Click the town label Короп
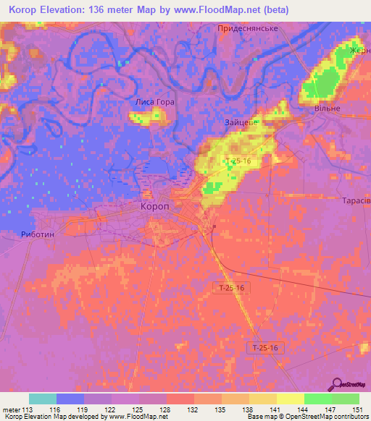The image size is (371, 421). [154, 206]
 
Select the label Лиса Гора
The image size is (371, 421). [155, 102]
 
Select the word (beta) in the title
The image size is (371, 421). [272, 9]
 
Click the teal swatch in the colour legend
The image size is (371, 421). [43, 399]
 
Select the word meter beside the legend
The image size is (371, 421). [11, 410]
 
